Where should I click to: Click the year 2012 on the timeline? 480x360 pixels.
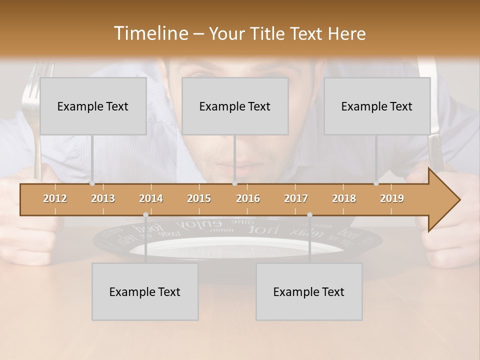(x=55, y=198)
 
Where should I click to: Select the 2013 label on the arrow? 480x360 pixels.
(x=103, y=198)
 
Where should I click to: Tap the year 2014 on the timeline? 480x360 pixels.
(x=151, y=198)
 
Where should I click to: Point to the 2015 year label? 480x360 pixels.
(x=199, y=198)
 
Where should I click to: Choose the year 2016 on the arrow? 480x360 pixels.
(x=248, y=198)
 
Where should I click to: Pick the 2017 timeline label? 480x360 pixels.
(x=296, y=198)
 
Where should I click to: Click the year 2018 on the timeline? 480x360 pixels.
(x=344, y=198)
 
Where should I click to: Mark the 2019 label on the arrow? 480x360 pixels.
(x=392, y=198)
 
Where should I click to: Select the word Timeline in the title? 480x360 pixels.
(x=150, y=33)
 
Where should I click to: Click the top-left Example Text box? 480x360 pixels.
(x=93, y=106)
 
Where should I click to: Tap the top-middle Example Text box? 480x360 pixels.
(x=235, y=106)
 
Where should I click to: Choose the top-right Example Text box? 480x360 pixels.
(x=377, y=106)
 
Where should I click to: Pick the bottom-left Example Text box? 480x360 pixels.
(x=145, y=291)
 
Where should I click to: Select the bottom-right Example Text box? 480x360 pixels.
(x=309, y=291)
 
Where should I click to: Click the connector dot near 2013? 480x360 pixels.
(x=92, y=183)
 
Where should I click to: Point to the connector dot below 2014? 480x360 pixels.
(x=145, y=214)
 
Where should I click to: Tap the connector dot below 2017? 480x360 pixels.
(x=309, y=214)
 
